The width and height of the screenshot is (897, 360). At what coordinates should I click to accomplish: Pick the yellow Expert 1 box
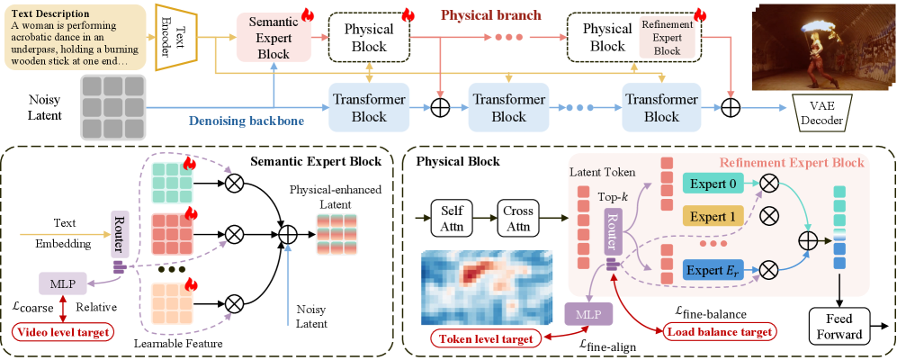717,216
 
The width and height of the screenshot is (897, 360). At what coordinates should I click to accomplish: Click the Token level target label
483,339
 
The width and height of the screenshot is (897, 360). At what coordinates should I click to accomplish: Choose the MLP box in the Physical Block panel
587,314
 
